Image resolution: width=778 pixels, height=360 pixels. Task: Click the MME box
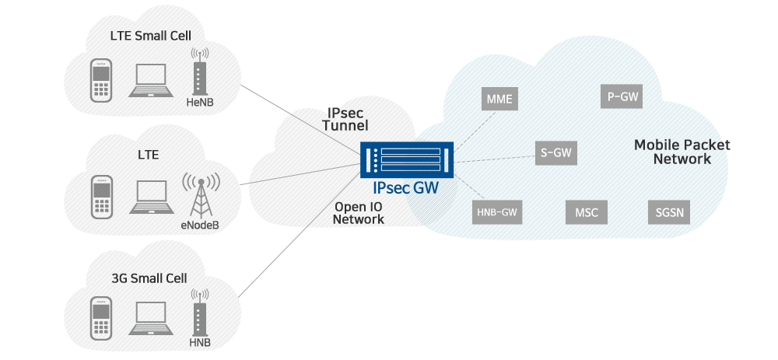(x=499, y=100)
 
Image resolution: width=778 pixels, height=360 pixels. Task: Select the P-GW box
(x=623, y=96)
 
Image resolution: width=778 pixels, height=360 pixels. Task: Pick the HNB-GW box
(x=496, y=211)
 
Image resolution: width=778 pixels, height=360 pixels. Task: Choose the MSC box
(x=586, y=211)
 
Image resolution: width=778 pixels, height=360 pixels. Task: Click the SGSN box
(x=668, y=211)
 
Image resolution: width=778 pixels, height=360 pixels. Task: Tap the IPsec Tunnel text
(x=345, y=118)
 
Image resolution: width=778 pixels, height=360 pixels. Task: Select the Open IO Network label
(x=359, y=213)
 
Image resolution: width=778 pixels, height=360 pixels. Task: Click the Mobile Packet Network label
(x=682, y=152)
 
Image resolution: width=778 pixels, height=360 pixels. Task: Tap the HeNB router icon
(x=199, y=74)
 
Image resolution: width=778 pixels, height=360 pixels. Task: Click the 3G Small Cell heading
(x=149, y=278)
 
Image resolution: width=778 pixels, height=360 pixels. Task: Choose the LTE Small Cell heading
(x=149, y=35)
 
